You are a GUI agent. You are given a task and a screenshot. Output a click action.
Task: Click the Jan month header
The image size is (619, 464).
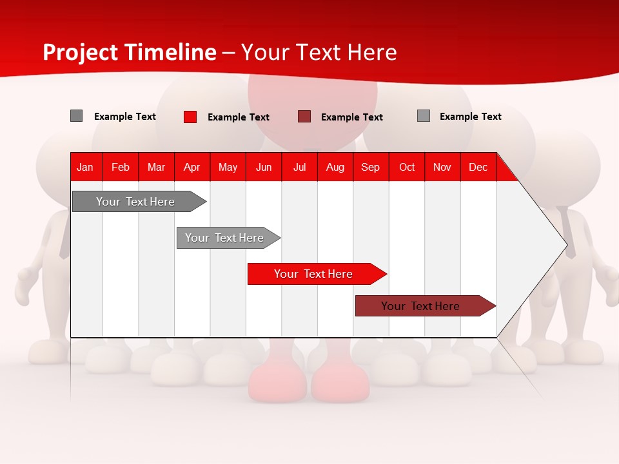click(x=85, y=168)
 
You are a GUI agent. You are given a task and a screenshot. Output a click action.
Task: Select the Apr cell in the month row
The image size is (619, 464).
click(x=192, y=168)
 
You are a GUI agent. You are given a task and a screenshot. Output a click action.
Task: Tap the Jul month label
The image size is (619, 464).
click(x=299, y=168)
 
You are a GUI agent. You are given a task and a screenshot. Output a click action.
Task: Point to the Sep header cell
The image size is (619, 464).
click(x=370, y=168)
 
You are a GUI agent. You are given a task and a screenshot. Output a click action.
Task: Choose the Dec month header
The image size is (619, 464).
click(x=478, y=168)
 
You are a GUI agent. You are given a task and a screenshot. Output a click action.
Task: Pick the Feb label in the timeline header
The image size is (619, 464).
click(x=121, y=168)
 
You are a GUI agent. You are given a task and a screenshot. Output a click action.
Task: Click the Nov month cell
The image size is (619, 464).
click(x=442, y=168)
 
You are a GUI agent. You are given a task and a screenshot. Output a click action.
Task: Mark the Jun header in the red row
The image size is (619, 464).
click(x=263, y=168)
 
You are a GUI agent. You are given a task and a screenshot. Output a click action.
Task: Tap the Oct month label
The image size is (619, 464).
click(x=407, y=168)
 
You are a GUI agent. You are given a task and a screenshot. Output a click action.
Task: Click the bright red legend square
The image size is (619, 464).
click(x=190, y=117)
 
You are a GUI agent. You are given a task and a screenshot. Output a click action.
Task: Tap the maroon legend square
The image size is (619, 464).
click(x=304, y=117)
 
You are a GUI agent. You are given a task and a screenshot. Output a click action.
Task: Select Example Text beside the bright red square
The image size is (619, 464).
click(x=238, y=117)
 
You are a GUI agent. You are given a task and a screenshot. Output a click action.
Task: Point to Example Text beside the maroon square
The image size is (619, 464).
click(x=351, y=117)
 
